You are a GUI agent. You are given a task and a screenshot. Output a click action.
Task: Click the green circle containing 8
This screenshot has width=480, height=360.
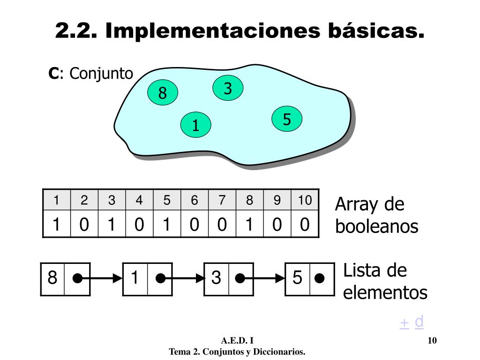click(x=163, y=93)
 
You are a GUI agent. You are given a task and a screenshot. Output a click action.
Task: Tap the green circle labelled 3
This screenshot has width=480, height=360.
click(x=228, y=88)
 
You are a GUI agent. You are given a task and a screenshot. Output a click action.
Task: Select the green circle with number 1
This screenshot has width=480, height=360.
click(x=196, y=125)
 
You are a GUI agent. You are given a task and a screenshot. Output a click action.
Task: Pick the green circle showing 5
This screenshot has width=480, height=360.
click(x=287, y=120)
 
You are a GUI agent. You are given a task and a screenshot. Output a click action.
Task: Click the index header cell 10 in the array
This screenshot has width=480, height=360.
click(x=305, y=201)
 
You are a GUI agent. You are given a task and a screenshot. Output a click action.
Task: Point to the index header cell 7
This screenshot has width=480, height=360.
click(x=222, y=201)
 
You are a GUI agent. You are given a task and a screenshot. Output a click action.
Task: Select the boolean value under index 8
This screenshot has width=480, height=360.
click(x=249, y=225)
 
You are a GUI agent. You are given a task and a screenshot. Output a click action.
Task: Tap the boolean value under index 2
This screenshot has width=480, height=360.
click(x=84, y=225)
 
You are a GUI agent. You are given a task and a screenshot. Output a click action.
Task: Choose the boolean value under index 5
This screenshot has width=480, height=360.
click(x=166, y=225)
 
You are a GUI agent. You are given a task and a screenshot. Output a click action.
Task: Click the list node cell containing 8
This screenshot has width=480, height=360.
click(x=52, y=278)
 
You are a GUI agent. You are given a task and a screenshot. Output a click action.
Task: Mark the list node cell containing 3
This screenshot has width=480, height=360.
click(x=216, y=278)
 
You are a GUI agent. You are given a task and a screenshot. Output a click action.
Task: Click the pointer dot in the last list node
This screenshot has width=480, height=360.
click(x=320, y=279)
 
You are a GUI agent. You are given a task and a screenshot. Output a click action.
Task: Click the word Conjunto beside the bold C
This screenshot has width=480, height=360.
click(x=101, y=74)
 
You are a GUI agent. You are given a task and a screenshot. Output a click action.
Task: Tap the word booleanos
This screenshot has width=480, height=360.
click(x=377, y=227)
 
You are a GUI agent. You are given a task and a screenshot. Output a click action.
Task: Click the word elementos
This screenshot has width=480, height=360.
click(x=385, y=293)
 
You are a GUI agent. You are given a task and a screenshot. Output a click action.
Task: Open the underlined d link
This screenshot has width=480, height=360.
click(x=420, y=322)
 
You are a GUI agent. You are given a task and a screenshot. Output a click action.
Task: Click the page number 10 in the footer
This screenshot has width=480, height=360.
click(x=432, y=340)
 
